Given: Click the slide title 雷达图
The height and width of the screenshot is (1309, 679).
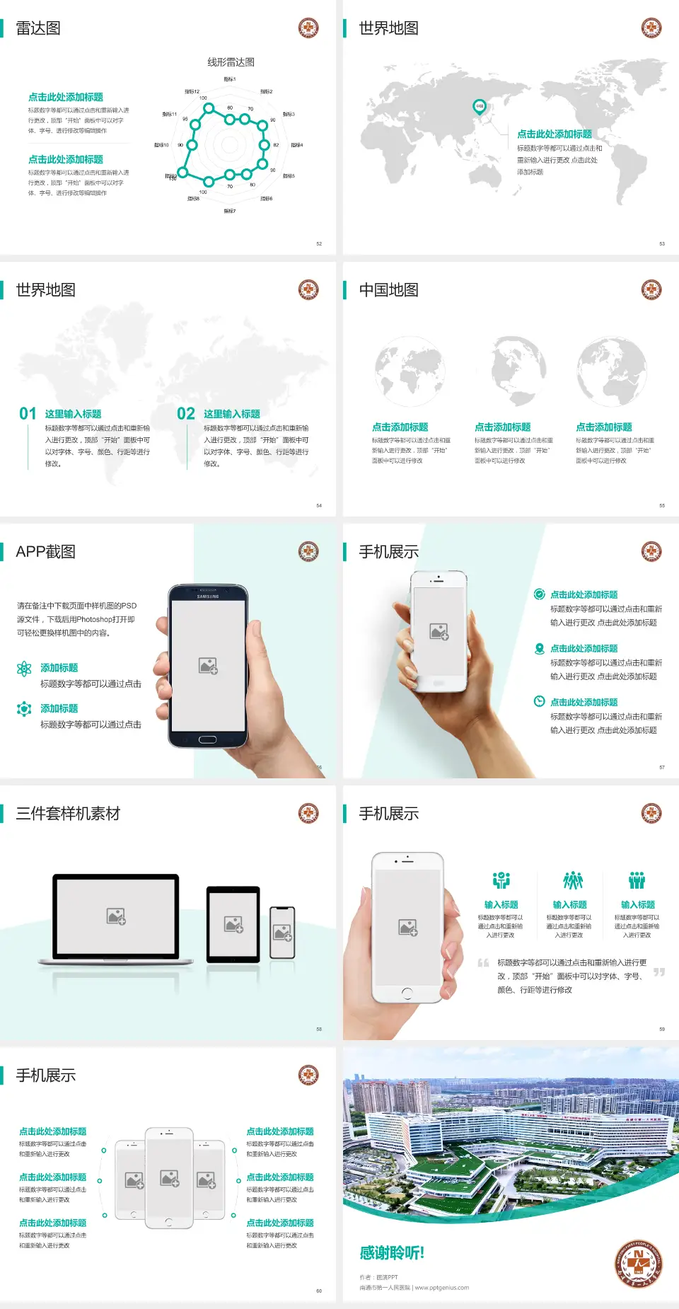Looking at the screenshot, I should point(38,28).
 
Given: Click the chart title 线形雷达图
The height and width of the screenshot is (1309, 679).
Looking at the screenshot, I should point(231,62).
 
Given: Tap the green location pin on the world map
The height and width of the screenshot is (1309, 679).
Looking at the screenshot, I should point(479,106).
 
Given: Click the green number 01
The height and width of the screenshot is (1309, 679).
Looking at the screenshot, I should point(28,414).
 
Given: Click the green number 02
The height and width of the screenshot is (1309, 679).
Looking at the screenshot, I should point(186,414).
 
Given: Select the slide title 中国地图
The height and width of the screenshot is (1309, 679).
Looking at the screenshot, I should point(388,290).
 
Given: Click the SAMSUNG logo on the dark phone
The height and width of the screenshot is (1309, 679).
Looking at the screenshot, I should point(208,596).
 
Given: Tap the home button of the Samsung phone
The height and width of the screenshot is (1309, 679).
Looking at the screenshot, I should point(207,739).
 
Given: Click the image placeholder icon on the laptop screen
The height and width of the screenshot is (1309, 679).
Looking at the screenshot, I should point(116,916).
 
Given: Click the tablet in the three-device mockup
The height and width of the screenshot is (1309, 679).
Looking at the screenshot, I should point(233,924).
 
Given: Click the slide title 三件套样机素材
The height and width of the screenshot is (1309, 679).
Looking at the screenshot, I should point(68,814).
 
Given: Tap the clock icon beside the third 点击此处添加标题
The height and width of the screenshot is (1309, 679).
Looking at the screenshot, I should point(539,701).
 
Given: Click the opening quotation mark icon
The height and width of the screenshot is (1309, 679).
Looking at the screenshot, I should point(483,963).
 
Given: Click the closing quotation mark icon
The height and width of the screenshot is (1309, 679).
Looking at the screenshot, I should point(658,972).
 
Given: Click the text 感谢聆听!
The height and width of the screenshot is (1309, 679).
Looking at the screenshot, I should point(392,1253).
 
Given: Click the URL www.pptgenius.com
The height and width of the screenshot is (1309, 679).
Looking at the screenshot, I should point(442,1288).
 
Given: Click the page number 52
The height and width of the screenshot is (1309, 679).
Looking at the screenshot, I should point(319,243).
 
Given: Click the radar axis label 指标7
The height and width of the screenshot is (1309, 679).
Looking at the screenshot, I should point(230,211).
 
